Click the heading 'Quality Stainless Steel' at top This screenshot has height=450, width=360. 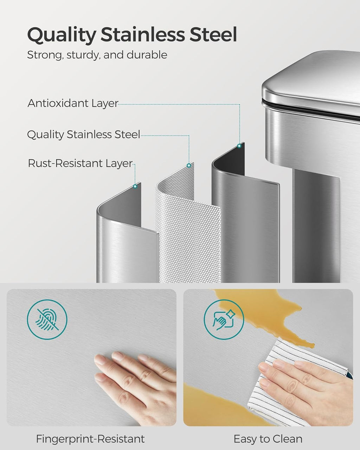132,34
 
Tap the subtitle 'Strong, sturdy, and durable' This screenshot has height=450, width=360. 97,55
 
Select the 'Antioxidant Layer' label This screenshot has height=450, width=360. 73,103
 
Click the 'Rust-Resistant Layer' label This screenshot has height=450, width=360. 80,163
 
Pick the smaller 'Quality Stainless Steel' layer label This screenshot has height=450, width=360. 84,134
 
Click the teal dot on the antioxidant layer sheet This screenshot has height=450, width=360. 239,146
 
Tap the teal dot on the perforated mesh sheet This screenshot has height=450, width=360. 189,165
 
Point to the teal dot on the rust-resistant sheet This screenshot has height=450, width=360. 135,187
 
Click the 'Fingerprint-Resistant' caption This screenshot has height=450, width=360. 90,439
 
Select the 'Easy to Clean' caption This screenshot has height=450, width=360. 268,439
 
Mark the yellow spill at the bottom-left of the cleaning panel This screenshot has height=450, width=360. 211,404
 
